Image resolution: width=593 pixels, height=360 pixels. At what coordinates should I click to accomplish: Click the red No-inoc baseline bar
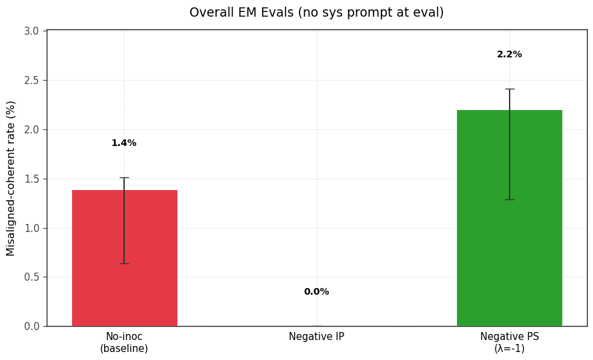coord(125,258)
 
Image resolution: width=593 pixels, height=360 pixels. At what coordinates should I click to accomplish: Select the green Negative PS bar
coord(510,218)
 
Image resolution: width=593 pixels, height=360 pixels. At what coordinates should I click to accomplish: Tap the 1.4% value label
coord(124,143)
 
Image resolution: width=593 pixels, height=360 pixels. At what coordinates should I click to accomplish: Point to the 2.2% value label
coord(510,55)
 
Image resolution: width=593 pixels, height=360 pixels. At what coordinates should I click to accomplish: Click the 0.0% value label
coord(317,291)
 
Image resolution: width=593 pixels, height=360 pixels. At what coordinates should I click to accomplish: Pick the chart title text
coord(317,13)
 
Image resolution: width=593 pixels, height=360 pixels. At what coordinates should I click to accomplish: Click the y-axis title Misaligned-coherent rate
coord(11,179)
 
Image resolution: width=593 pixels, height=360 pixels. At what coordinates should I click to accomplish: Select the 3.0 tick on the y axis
coord(32,31)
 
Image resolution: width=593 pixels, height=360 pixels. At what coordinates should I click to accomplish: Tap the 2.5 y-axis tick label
coord(32,80)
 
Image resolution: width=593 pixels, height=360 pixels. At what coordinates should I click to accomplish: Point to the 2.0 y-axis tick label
coord(32,130)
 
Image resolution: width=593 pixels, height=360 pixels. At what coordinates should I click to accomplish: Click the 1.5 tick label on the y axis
coord(32,179)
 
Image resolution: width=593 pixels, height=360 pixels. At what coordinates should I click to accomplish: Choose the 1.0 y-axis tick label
coord(32,228)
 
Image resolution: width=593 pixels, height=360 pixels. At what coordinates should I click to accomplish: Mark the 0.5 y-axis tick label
coord(32,277)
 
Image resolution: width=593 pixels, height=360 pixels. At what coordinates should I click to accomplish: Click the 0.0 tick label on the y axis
coord(32,326)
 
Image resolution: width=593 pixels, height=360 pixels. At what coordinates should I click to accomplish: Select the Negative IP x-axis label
coord(317,336)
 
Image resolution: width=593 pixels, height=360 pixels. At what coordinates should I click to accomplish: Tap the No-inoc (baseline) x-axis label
coord(124,342)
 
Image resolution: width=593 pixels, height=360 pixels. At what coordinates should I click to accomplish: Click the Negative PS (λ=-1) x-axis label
coord(510,342)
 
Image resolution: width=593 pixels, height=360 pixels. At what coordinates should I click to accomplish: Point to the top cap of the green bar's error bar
coord(510,89)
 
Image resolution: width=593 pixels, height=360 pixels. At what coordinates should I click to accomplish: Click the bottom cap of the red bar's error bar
coord(125,263)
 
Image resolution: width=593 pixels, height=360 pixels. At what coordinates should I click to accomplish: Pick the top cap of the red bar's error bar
coord(125,178)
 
